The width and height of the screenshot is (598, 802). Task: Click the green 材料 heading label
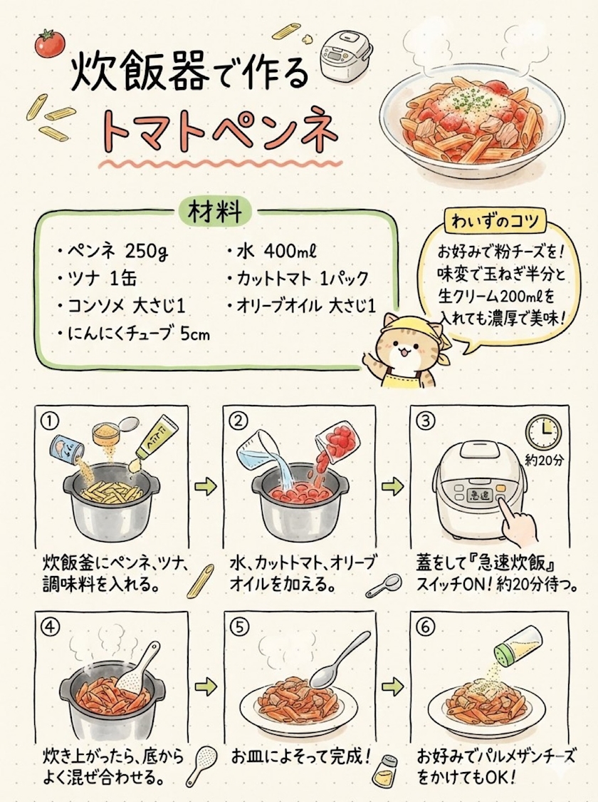215,212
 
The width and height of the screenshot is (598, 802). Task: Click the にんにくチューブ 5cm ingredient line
134,334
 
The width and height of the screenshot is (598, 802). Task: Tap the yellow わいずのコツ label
495,221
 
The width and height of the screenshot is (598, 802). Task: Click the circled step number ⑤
238,626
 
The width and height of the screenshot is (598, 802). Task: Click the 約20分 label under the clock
545,461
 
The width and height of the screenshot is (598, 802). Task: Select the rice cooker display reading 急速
477,495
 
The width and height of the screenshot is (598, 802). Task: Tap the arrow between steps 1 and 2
205,486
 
